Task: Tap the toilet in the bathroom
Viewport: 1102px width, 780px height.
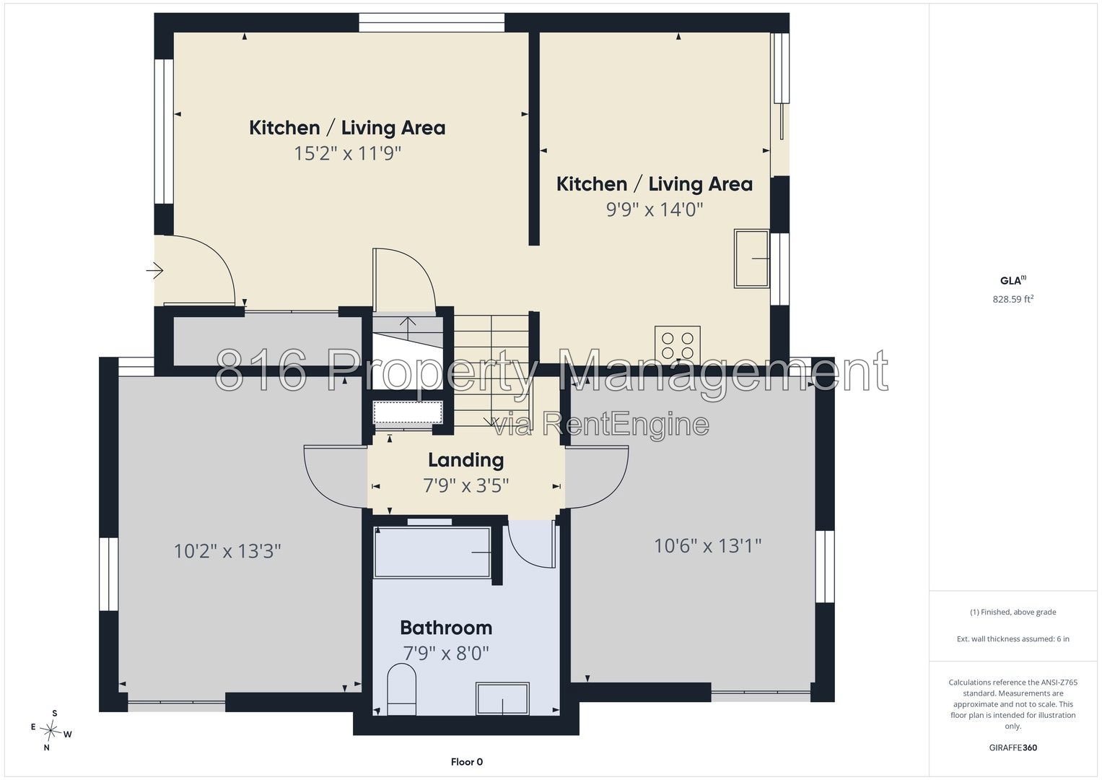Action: (x=401, y=690)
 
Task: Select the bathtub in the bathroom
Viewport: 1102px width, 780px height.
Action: (x=432, y=552)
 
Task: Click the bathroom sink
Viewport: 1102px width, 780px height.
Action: (x=502, y=698)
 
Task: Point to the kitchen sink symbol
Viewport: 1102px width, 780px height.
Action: (x=751, y=259)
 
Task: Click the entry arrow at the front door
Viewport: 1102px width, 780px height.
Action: (x=154, y=270)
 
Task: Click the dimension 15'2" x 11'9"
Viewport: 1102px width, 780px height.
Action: (x=347, y=153)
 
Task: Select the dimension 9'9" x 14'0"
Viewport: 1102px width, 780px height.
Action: (x=655, y=209)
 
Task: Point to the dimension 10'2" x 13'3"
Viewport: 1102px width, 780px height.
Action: (x=227, y=550)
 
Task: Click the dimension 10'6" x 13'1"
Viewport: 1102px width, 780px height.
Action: (x=708, y=545)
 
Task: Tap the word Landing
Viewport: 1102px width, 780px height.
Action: (x=466, y=461)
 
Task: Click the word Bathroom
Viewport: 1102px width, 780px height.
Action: (x=446, y=628)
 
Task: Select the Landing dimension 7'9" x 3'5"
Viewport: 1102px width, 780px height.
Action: (x=466, y=485)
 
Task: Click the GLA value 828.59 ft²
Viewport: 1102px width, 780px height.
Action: (x=1013, y=299)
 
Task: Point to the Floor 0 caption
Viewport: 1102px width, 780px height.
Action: (x=467, y=762)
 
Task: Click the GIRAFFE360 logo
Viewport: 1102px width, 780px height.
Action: (x=1013, y=747)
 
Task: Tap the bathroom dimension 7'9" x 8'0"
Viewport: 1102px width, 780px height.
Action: (x=446, y=654)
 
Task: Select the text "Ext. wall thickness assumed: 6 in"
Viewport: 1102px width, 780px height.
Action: (x=1013, y=638)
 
